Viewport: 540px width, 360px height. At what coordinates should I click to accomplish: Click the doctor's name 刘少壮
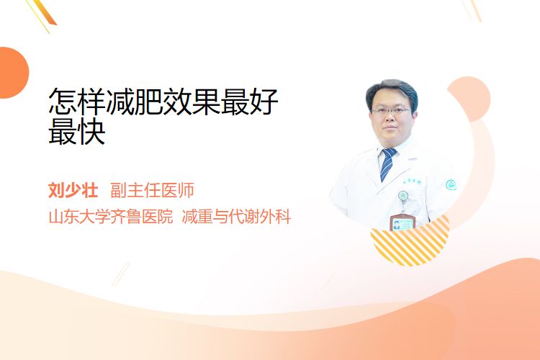coord(73,190)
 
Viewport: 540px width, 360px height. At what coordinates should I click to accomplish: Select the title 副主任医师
coord(152,190)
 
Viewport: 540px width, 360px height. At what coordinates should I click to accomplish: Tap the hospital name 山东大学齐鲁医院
coord(111,217)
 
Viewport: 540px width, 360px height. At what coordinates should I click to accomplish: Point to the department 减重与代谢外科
coord(236,217)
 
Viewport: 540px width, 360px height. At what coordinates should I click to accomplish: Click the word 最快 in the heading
coord(77,132)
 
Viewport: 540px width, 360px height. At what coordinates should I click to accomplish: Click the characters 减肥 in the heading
coord(135,102)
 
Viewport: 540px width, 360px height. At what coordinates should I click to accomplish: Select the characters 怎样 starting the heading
coord(77,102)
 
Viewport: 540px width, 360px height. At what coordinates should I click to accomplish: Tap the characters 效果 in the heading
coord(192,102)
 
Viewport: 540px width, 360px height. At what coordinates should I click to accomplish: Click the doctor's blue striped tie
coord(388,164)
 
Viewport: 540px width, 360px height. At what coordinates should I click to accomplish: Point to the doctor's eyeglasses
coord(391,111)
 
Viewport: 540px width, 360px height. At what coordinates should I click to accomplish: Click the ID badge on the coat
coord(402,222)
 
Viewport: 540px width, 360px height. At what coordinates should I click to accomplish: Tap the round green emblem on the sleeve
coord(451,185)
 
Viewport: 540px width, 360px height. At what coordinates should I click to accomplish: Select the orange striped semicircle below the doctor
coord(410,243)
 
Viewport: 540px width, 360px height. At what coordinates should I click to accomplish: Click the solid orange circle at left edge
coord(13,73)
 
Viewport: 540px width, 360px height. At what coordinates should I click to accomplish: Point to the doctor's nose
coord(390,118)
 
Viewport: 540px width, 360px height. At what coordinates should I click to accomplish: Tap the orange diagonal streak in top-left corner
coord(43,14)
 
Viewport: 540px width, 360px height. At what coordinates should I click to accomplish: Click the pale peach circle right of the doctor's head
coord(469,99)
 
